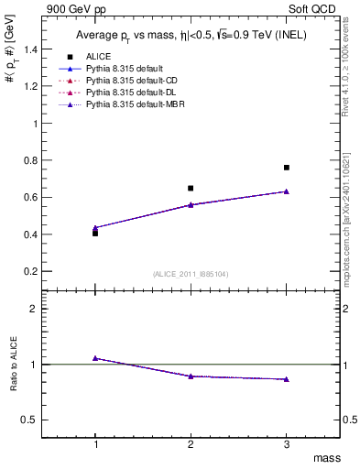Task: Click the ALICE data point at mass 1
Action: click(x=95, y=234)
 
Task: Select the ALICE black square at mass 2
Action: click(x=191, y=188)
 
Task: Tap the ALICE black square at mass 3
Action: click(x=287, y=168)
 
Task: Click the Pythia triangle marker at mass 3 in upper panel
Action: click(x=287, y=191)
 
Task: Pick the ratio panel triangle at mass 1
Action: click(x=95, y=358)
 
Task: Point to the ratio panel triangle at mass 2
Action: click(x=191, y=376)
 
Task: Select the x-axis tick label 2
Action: click(x=191, y=443)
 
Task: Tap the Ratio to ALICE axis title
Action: click(x=11, y=365)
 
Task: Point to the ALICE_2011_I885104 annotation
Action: click(x=191, y=273)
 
